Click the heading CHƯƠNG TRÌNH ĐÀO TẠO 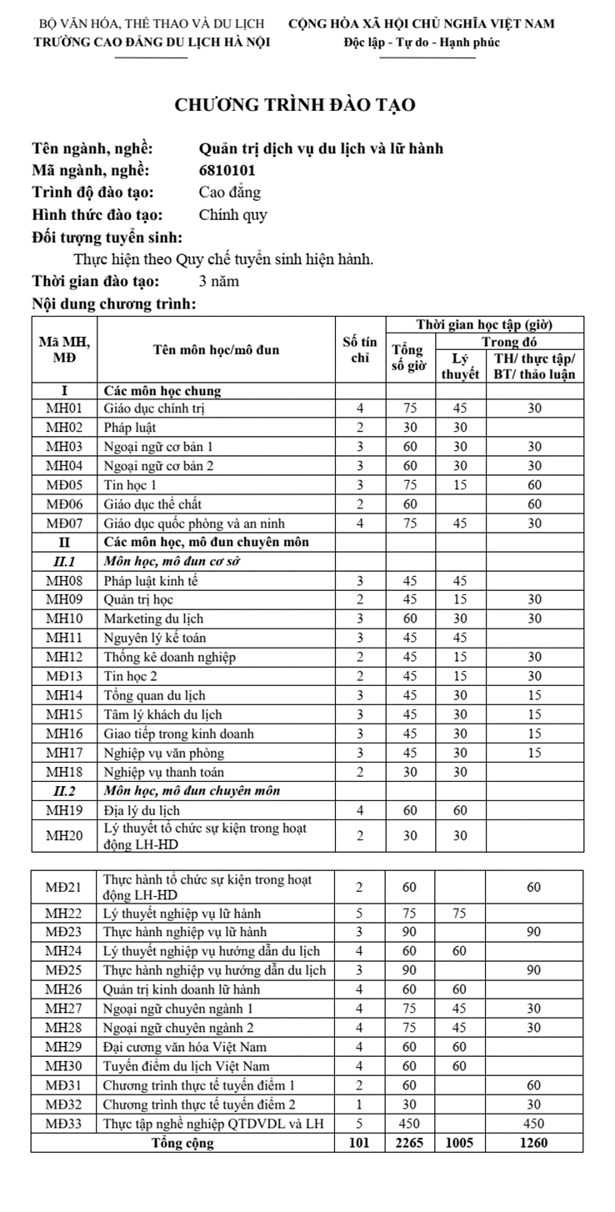(295, 105)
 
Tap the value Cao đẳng (229, 193)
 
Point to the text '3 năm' (219, 281)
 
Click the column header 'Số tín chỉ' (359, 349)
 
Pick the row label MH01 (64, 408)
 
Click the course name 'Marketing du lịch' (153, 619)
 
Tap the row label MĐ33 (64, 1124)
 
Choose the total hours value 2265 (409, 1143)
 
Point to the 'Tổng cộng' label (182, 1143)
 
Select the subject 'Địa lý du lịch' (142, 810)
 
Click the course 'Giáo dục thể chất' (152, 503)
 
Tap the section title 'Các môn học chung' (162, 390)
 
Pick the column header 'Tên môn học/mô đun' (216, 350)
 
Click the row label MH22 (64, 914)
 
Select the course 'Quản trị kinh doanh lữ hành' (182, 989)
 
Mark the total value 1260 (533, 1143)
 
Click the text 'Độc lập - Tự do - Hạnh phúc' (422, 43)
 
